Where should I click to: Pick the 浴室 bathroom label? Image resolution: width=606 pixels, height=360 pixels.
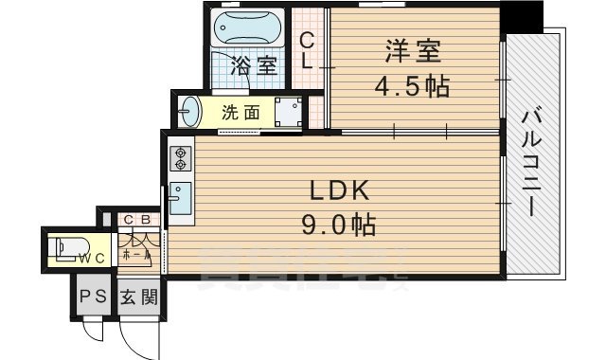(x=255, y=66)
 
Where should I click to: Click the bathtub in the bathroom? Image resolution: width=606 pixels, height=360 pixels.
(x=248, y=28)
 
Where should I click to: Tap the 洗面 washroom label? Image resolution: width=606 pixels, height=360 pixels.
(x=241, y=112)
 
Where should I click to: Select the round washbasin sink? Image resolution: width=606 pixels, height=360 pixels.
(x=191, y=111)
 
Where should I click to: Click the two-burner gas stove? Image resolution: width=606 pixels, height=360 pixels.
(x=180, y=158)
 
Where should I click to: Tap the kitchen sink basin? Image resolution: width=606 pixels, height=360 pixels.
(x=180, y=200)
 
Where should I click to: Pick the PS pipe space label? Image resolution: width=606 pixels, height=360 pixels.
(x=93, y=297)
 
